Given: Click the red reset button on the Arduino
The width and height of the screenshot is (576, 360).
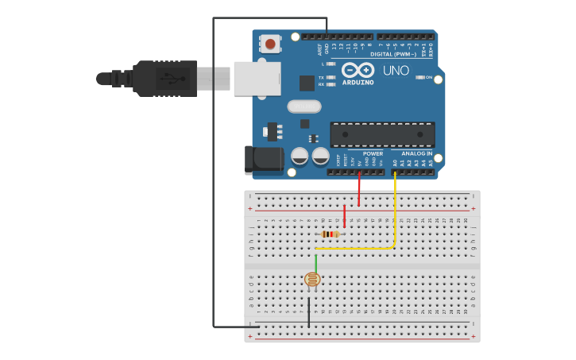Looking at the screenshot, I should (271, 43).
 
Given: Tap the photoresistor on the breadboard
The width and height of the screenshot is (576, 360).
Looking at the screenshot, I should (312, 279).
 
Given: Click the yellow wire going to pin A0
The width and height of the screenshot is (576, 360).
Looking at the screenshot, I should (395, 215).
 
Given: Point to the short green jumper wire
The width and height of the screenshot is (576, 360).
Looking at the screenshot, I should (316, 262).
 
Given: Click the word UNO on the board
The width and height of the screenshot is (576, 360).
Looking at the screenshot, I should (396, 71).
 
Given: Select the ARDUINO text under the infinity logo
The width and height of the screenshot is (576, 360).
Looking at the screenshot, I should (358, 82).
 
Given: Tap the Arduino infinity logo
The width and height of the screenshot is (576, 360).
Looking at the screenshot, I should (358, 70).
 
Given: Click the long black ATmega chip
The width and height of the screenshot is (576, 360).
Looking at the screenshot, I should (382, 134).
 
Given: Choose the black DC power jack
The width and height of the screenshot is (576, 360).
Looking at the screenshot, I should (263, 160).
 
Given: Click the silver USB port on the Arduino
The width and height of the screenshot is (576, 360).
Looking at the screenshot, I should (257, 78).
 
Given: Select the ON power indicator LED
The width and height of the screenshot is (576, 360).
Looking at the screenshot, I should (420, 77).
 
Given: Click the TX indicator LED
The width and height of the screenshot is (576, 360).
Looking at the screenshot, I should (331, 77).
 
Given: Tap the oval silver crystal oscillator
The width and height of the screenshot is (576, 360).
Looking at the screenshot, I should (304, 106).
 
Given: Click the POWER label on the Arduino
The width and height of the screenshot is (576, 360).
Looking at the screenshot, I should (373, 153).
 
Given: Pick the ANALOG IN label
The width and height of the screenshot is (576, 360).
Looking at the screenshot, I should (416, 153).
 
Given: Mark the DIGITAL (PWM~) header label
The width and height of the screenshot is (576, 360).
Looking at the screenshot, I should (392, 54).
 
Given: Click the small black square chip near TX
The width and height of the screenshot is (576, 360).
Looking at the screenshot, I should (307, 83).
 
